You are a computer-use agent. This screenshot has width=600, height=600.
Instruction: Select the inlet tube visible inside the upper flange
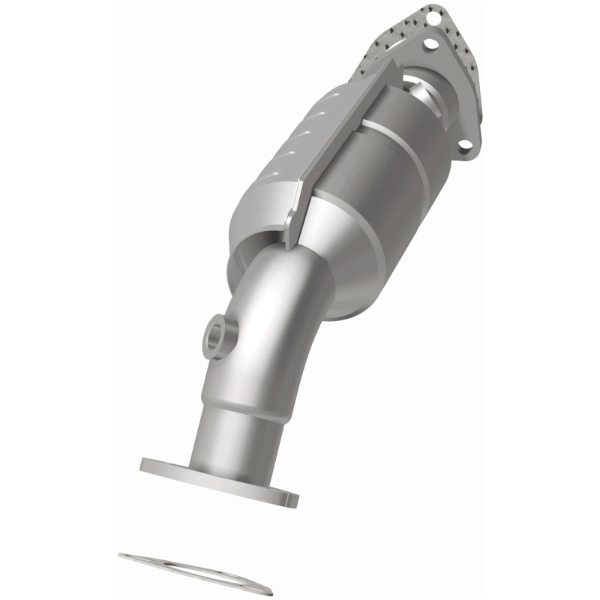coord(424,94)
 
